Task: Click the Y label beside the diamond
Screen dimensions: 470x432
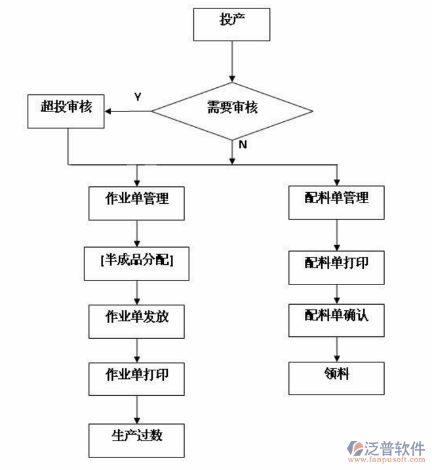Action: coord(138,96)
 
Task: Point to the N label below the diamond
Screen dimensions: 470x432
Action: coord(243,144)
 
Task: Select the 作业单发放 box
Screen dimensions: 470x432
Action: coord(136,319)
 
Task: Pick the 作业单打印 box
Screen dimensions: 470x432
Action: coord(136,378)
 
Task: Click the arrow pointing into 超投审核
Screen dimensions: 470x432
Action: coord(128,110)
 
